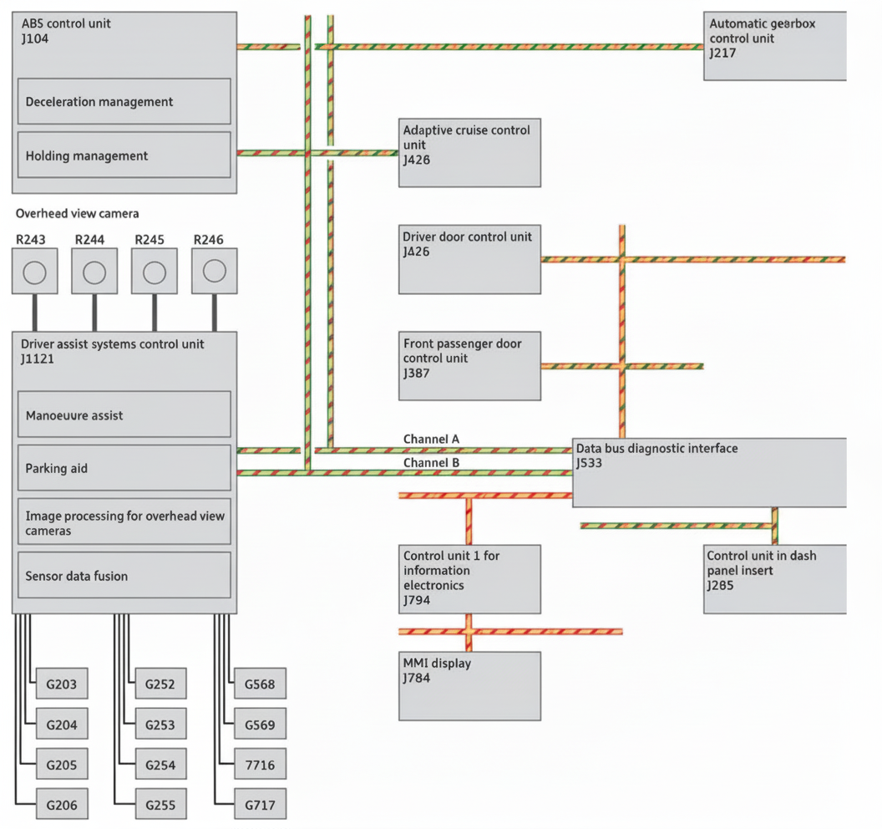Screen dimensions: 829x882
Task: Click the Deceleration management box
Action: pyautogui.click(x=124, y=101)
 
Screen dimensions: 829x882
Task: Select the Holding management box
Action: pyautogui.click(x=124, y=155)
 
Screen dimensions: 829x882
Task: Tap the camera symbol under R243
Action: pyautogui.click(x=34, y=272)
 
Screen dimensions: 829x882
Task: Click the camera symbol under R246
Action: pyautogui.click(x=215, y=271)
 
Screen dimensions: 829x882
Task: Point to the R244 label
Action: pyautogui.click(x=90, y=240)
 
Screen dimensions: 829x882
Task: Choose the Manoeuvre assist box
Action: pyautogui.click(x=124, y=414)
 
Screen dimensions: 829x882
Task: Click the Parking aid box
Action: pyautogui.click(x=124, y=468)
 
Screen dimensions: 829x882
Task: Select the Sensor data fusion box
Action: pyautogui.click(x=124, y=575)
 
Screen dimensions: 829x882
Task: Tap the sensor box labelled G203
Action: pyautogui.click(x=61, y=684)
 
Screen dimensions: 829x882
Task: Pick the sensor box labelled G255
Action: pyautogui.click(x=160, y=806)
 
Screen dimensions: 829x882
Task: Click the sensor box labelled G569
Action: pyautogui.click(x=259, y=725)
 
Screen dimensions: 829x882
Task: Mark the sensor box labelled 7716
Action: pyautogui.click(x=259, y=765)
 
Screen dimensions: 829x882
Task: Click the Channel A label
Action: pyautogui.click(x=431, y=440)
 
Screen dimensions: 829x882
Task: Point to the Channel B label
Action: pyautogui.click(x=431, y=462)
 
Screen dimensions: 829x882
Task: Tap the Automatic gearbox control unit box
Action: pyautogui.click(x=774, y=46)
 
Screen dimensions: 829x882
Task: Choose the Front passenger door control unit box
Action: pyautogui.click(x=469, y=366)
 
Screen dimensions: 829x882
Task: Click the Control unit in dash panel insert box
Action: pyautogui.click(x=774, y=579)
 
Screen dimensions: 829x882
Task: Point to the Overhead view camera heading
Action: pyautogui.click(x=78, y=214)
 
